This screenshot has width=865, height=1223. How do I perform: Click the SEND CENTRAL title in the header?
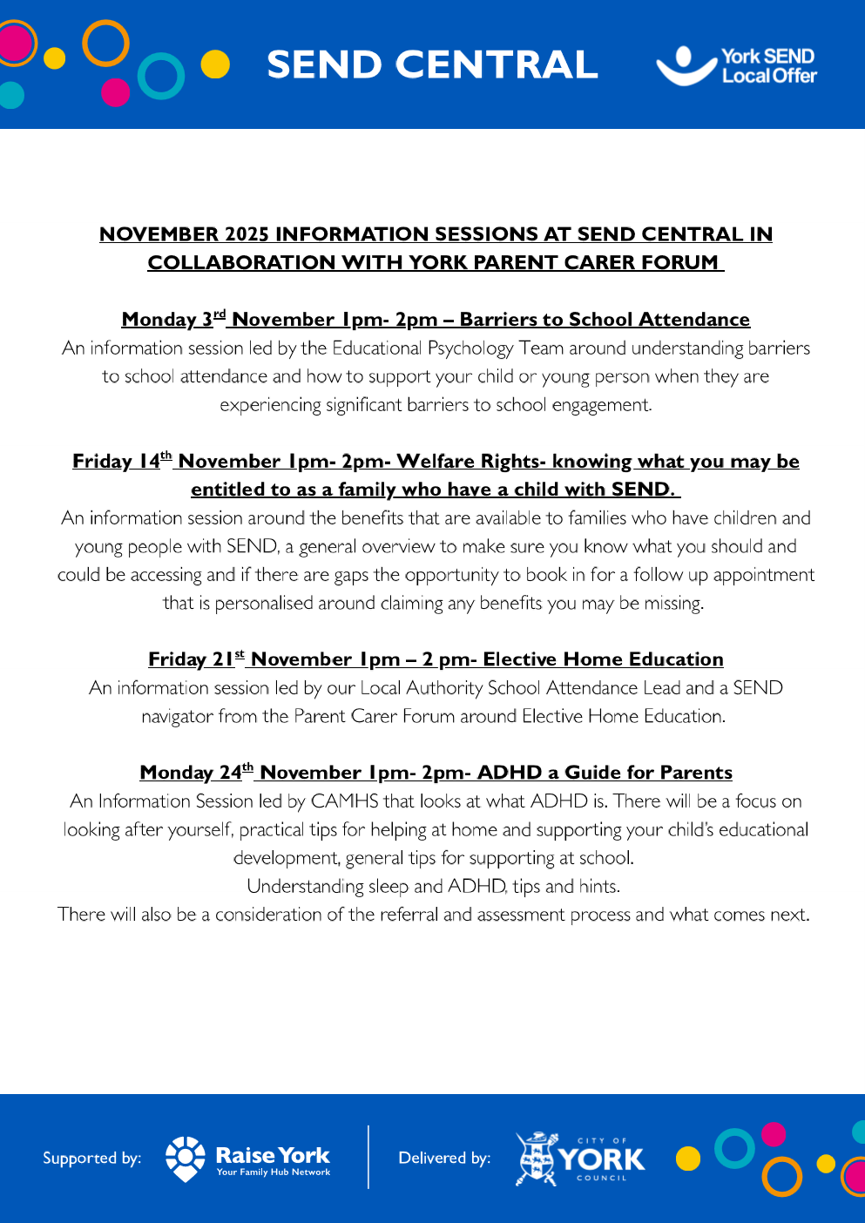432,65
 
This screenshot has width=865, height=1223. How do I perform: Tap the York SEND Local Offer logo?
737,65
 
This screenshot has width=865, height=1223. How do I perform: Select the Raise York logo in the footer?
248,1159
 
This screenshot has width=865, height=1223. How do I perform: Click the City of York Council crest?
537,1159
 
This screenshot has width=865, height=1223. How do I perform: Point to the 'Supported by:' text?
91,1159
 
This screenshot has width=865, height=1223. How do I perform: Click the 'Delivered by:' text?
444,1159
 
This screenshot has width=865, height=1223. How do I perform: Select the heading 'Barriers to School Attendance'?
605,320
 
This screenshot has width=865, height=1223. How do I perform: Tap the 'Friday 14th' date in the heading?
123,461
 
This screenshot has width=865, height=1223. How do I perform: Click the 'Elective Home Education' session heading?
603,659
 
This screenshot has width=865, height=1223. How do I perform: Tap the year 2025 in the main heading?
247,234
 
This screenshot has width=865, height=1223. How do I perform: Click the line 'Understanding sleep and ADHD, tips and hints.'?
433,887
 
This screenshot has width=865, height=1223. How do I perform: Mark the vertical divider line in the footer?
368,1157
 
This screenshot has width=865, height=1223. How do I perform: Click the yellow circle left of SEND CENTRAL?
215,64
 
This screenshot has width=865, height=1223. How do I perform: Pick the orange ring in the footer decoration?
781,1177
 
